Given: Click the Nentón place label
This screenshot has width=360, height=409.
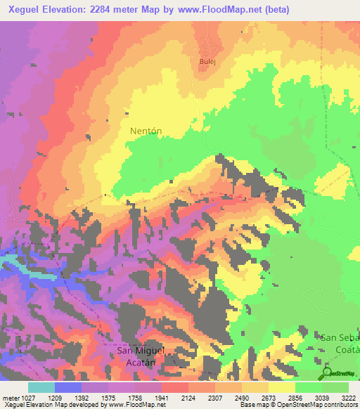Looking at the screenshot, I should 146,131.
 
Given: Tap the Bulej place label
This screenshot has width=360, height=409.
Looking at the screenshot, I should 206,62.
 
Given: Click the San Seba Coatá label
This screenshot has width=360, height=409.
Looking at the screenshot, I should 340,344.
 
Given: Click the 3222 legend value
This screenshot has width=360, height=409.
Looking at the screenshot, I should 349,398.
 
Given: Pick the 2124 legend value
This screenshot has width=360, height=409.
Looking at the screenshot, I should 188,398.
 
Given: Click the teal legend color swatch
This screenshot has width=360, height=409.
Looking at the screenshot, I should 41,387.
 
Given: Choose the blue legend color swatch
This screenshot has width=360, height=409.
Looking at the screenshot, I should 68,387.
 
